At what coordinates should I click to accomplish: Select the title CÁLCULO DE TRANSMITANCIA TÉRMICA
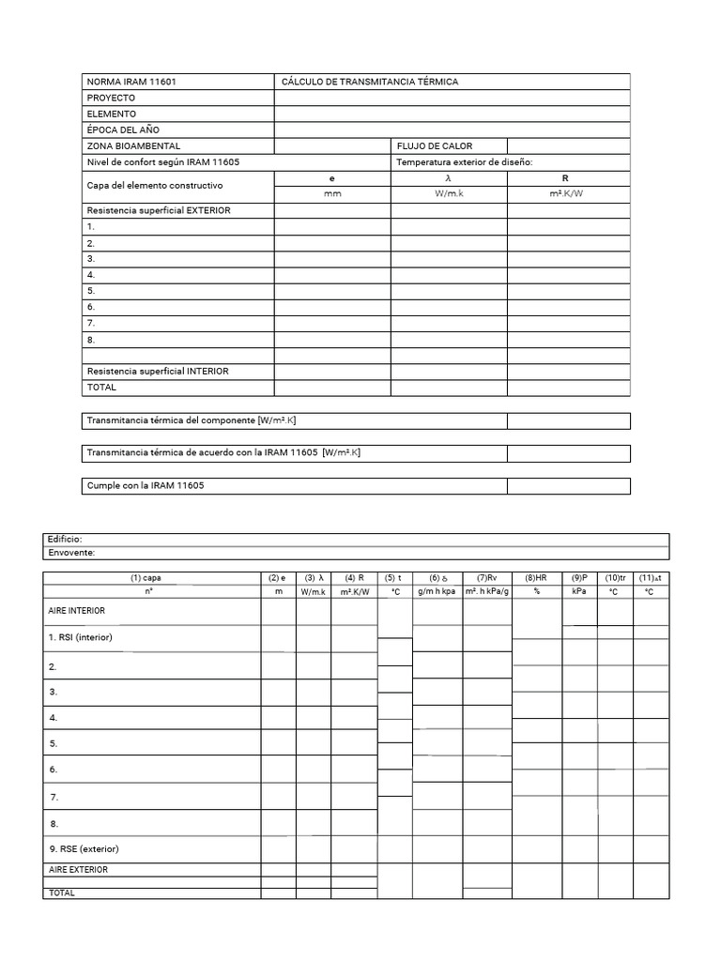370,83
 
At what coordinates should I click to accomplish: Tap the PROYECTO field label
111,99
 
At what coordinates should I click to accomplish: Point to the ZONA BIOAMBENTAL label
133,146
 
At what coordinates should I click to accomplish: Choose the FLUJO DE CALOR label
435,146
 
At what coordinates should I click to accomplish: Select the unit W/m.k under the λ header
449,193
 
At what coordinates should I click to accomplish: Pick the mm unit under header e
332,193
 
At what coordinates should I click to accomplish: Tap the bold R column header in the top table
565,177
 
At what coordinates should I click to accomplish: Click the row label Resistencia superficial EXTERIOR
158,210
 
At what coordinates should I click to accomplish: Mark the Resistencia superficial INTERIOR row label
157,372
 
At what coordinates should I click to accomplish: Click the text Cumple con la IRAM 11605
146,485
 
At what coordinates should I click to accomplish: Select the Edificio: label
65,540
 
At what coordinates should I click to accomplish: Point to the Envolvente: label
70,553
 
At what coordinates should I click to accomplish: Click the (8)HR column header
537,578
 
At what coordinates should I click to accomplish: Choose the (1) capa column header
152,578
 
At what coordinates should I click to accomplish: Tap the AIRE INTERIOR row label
77,611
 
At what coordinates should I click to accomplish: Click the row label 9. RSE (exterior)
84,849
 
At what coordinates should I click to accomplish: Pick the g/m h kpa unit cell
437,592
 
